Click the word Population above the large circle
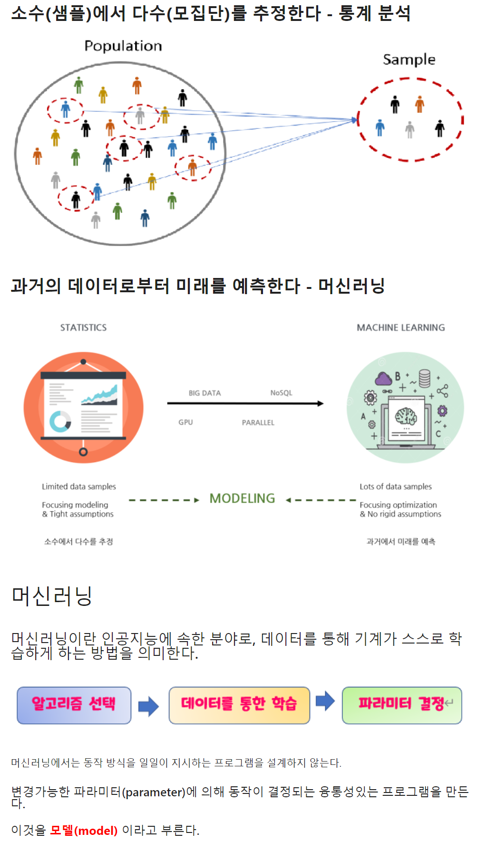[123, 46]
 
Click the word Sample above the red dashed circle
[409, 59]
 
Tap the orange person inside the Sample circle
[419, 104]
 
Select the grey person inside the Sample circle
[410, 129]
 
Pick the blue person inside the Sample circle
[380, 128]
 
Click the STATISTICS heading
[83, 327]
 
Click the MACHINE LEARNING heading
[401, 327]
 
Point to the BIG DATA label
[205, 393]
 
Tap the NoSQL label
[281, 393]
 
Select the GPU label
[185, 422]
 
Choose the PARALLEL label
[258, 423]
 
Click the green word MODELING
[242, 498]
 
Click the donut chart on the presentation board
[60, 421]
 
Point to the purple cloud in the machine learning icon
[384, 379]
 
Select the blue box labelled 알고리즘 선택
[74, 705]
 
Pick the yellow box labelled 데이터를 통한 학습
[239, 705]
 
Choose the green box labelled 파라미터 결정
[402, 705]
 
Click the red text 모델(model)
[84, 830]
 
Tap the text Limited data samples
[79, 486]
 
